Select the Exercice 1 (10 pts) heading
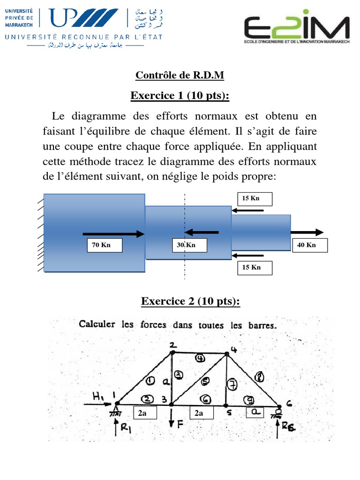click(180, 96)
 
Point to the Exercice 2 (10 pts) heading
click(190, 302)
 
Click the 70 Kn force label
click(105, 245)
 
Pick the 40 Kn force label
click(310, 245)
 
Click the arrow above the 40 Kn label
click(307, 232)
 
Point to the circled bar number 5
click(206, 380)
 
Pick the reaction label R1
click(124, 428)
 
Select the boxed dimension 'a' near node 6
click(255, 412)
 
